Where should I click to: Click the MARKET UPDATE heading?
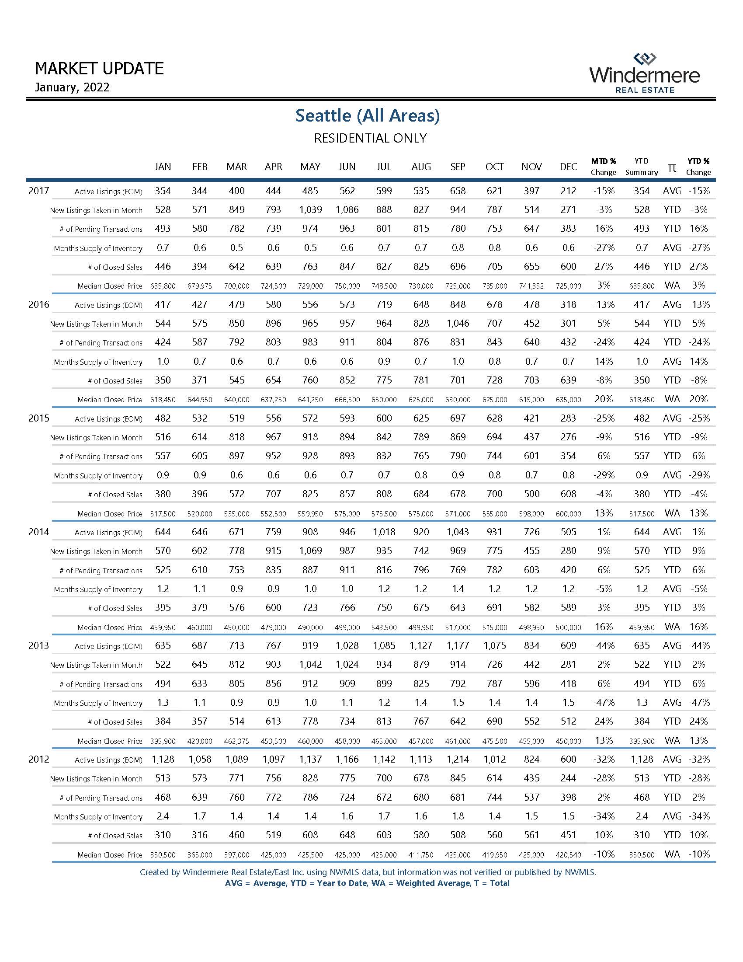pos(99,69)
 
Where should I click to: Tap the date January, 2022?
pos(72,87)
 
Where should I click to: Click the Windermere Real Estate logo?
pos(644,73)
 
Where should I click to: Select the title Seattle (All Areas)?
pos(368,115)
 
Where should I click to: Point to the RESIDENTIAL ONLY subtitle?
pos(370,138)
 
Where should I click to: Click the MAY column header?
pos(310,167)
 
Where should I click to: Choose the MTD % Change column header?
pos(604,167)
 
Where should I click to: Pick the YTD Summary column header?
pos(641,167)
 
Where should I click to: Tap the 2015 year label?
pos(39,418)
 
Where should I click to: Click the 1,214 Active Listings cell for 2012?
pos(458,760)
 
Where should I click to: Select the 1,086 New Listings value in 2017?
pos(347,209)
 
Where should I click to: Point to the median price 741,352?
pos(531,286)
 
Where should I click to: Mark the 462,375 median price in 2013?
pos(237,741)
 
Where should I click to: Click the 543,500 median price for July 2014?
pos(384,627)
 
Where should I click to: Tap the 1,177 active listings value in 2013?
pos(458,646)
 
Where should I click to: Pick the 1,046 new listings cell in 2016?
pos(458,323)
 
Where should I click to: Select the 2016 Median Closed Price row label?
pos(110,400)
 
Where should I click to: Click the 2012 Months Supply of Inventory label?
pos(98,817)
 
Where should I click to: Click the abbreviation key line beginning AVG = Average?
pos(367,883)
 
